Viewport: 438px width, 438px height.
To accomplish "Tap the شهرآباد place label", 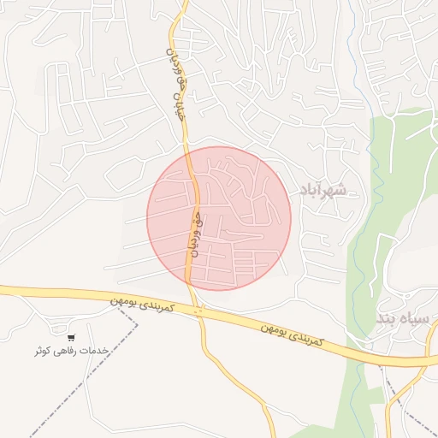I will pyautogui.click(x=322, y=189).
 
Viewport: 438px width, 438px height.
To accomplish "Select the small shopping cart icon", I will pyautogui.click(x=71, y=338).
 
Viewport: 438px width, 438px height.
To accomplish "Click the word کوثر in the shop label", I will pyautogui.click(x=44, y=352).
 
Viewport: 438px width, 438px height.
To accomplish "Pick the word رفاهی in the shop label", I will pyautogui.click(x=69, y=352).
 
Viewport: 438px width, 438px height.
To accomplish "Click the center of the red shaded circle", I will pyautogui.click(x=219, y=218).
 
